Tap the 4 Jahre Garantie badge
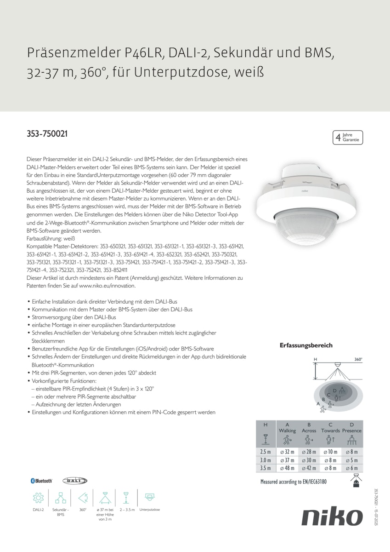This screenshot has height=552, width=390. [348, 137]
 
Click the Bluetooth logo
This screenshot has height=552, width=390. [41, 481]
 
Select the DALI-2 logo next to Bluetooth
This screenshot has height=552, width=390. [75, 481]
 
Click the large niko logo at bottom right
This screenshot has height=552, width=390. [332, 517]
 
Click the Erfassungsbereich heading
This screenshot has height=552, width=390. [306, 345]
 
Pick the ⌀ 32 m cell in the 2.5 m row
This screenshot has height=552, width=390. [287, 452]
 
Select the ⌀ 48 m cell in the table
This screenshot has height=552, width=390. [287, 468]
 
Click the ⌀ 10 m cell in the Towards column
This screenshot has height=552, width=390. [330, 452]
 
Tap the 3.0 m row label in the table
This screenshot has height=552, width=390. [265, 460]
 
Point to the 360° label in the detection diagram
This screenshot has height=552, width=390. [358, 359]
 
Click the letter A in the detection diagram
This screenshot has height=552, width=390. [318, 403]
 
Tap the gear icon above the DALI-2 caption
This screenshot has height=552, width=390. [38, 498]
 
